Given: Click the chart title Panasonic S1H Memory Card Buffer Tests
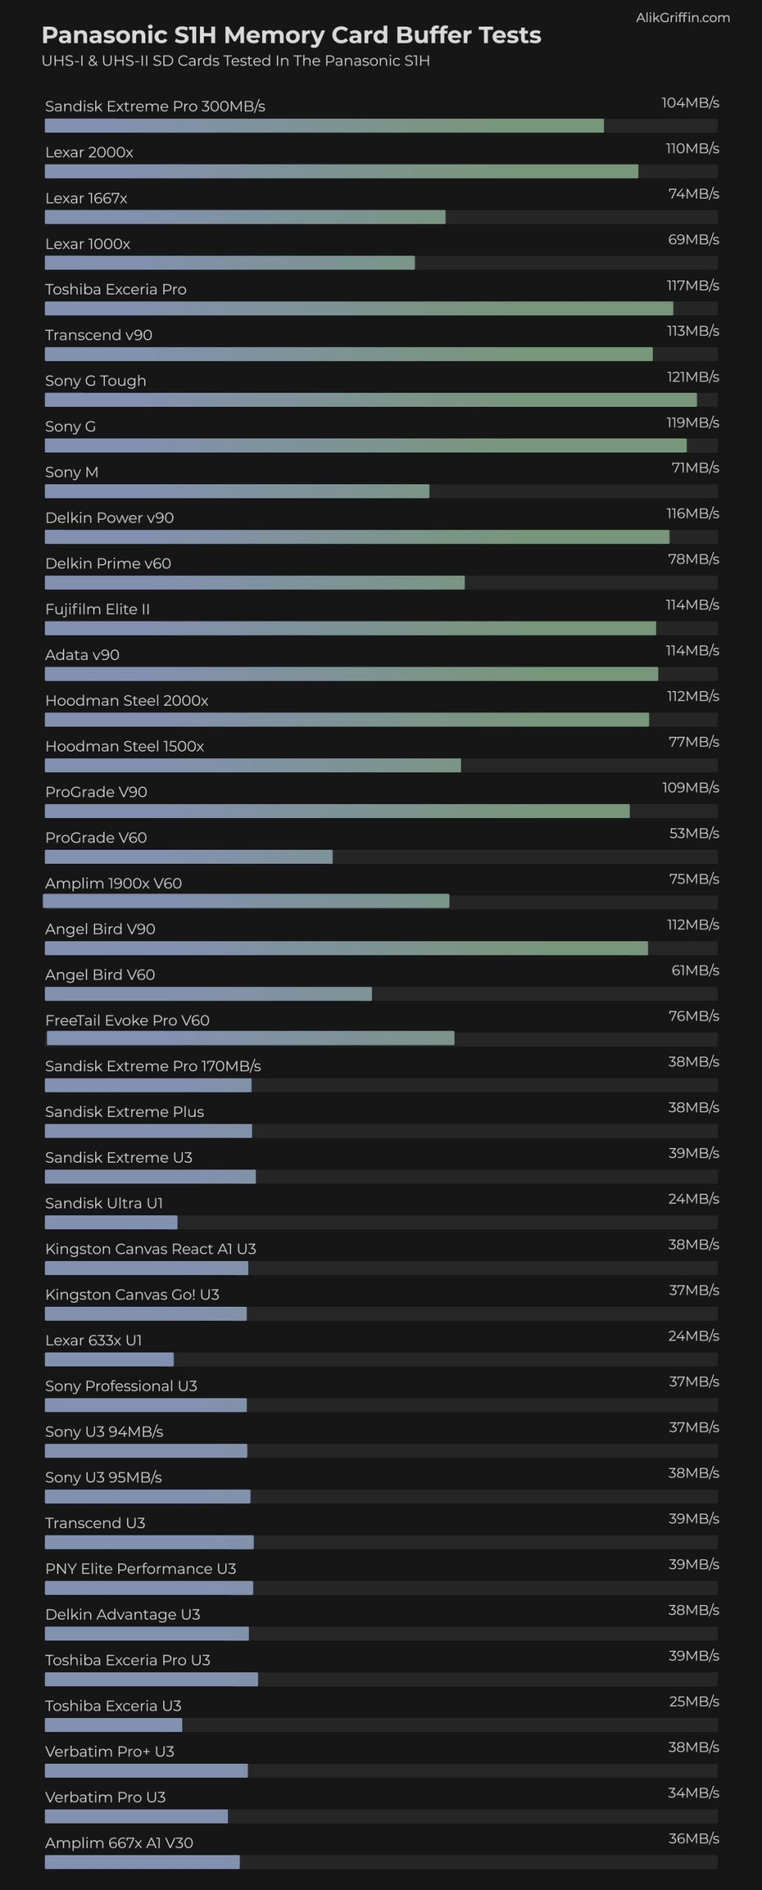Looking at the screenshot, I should click(291, 35).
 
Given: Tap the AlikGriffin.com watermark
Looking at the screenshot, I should click(682, 18).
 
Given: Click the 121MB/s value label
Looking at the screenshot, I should click(693, 377).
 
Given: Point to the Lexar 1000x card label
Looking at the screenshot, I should click(88, 244).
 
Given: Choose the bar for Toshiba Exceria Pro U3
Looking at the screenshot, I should click(151, 1680).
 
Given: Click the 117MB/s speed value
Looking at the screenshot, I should click(693, 286).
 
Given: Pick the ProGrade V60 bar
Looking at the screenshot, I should click(188, 857).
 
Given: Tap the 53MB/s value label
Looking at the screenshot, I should click(693, 834).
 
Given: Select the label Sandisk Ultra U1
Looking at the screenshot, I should click(104, 1203).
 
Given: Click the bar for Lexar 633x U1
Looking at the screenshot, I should click(109, 1360).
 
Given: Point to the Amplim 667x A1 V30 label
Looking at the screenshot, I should click(119, 1843).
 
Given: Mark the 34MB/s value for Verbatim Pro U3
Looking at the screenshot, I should click(693, 1793).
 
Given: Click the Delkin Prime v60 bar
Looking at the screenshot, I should click(255, 583).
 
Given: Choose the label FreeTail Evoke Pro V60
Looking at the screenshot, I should click(127, 1020).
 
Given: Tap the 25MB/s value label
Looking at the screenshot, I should click(693, 1701).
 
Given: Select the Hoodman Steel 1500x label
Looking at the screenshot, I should click(124, 746).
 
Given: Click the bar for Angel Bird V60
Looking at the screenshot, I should click(208, 994).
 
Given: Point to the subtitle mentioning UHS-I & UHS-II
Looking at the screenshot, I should click(236, 61).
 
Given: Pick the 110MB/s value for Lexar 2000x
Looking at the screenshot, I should click(692, 149).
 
